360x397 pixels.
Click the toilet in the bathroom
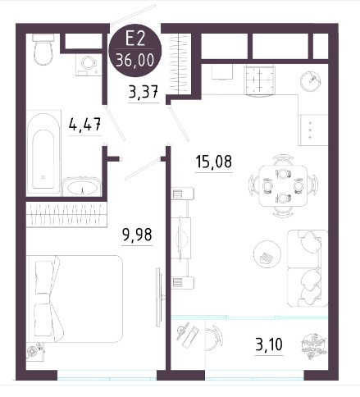pos(43,49)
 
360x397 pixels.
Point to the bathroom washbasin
pos(81,187)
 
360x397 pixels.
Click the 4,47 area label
pos(85,124)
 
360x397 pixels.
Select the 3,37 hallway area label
pos(144,91)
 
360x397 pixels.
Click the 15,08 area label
pos(214,162)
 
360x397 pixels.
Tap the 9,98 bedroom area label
pos(137,235)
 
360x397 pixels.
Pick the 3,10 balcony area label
pos(269,345)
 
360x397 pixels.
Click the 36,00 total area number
pos(135,60)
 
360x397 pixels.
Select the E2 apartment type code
pos(134,39)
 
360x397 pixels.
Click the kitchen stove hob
pos(259,80)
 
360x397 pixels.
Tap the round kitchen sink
pos(311,80)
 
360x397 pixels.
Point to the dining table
pos(283,185)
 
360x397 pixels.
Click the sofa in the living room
pos(308,268)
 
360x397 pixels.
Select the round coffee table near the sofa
pos(267,254)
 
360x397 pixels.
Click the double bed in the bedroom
pos(75,299)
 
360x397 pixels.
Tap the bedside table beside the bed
pos(35,351)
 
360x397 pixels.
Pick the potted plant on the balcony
pos(314,345)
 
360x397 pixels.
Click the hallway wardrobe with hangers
pos(179,64)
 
